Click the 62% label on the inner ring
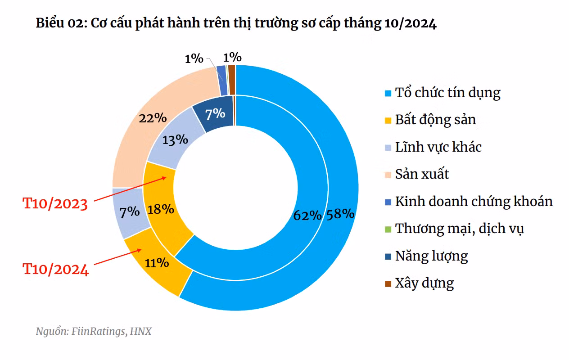pyautogui.click(x=307, y=215)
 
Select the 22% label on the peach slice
pyautogui.click(x=153, y=118)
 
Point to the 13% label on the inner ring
pyautogui.click(x=175, y=139)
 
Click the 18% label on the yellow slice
pyautogui.click(x=161, y=209)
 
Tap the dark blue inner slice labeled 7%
pyautogui.click(x=215, y=114)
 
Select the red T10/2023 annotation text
pyautogui.click(x=55, y=203)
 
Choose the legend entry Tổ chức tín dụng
pyautogui.click(x=447, y=93)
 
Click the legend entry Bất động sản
pyautogui.click(x=435, y=120)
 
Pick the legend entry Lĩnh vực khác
pyautogui.click(x=438, y=147)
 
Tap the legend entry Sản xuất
pyautogui.click(x=422, y=174)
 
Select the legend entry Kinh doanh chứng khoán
pyautogui.click(x=474, y=201)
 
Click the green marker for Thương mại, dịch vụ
pyautogui.click(x=388, y=229)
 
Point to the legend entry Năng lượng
pyautogui.click(x=431, y=256)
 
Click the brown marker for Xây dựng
pyautogui.click(x=388, y=283)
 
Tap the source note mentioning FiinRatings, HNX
pyautogui.click(x=94, y=332)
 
